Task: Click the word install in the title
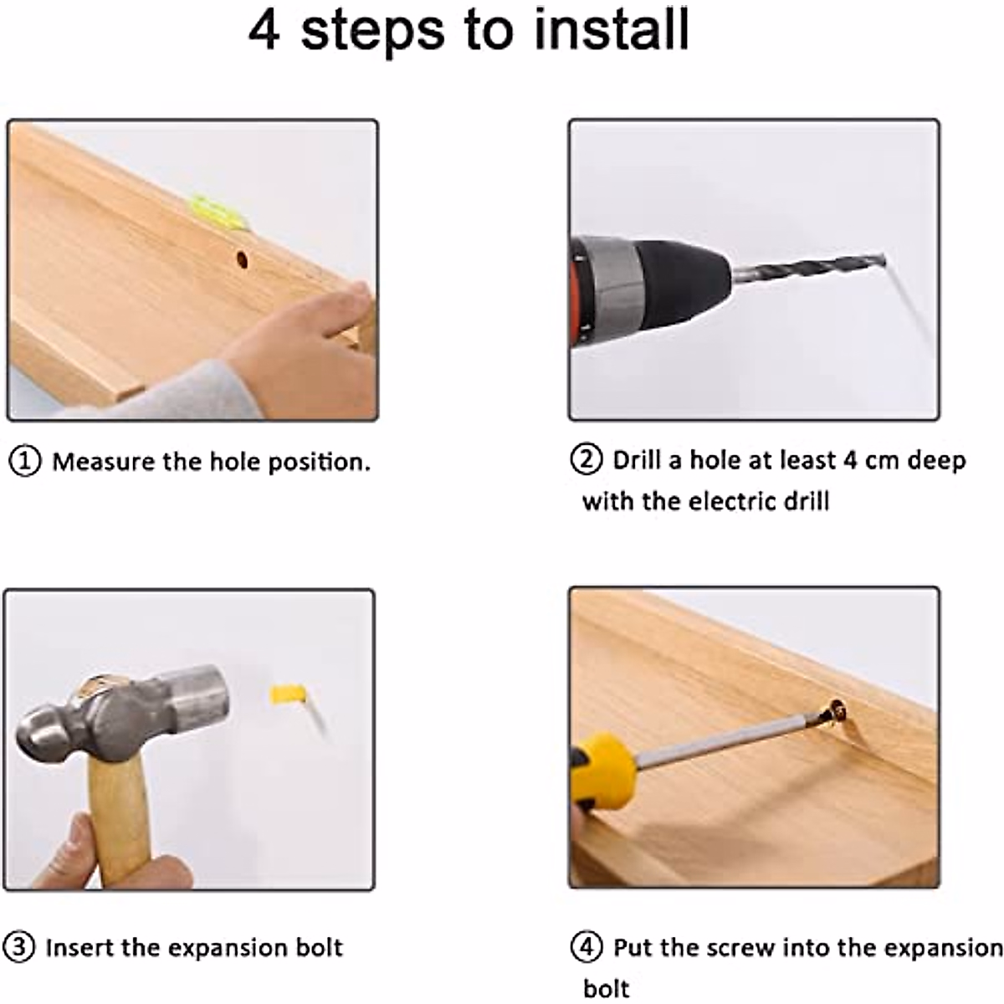click(612, 29)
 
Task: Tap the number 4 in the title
click(265, 31)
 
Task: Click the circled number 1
click(24, 462)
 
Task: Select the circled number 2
click(587, 459)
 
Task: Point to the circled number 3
click(19, 946)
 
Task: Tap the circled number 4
click(587, 946)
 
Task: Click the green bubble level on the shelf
click(220, 212)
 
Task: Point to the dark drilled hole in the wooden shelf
click(242, 259)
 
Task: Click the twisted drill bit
click(807, 270)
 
